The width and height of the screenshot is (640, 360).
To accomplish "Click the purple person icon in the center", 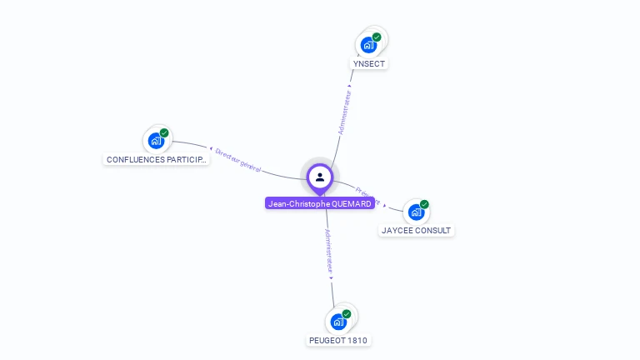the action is (320, 177).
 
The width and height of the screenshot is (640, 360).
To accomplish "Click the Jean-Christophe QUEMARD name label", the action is (320, 203).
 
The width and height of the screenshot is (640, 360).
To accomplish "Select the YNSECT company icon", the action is (367, 45).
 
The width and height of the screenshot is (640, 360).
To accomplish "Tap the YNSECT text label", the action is (370, 63).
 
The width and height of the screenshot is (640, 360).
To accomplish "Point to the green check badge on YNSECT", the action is (377, 37).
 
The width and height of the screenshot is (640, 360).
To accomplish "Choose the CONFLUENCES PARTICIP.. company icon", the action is (155, 140).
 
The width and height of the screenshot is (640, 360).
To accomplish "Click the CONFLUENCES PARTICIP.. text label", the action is (156, 159).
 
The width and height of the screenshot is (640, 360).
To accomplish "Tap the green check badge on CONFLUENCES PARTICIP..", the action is (164, 132).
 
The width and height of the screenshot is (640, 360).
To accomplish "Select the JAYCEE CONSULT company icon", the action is (415, 212).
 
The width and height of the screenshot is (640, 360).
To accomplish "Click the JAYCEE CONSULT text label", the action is (417, 230).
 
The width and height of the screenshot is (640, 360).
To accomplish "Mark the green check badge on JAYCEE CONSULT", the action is (424, 204).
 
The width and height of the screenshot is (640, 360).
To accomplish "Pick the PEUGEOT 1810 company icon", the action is (337, 322).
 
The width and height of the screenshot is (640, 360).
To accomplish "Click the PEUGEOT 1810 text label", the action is (338, 340).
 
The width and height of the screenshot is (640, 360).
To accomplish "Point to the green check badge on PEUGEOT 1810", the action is (347, 314).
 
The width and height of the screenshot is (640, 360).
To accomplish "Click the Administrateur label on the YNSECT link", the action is (344, 112).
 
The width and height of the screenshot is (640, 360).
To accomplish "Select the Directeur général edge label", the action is (238, 160).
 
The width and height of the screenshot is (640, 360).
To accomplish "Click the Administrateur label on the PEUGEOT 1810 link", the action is (328, 252).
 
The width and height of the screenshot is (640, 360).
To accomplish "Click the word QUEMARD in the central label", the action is (351, 203).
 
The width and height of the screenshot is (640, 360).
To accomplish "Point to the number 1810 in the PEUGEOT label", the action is (356, 340).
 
